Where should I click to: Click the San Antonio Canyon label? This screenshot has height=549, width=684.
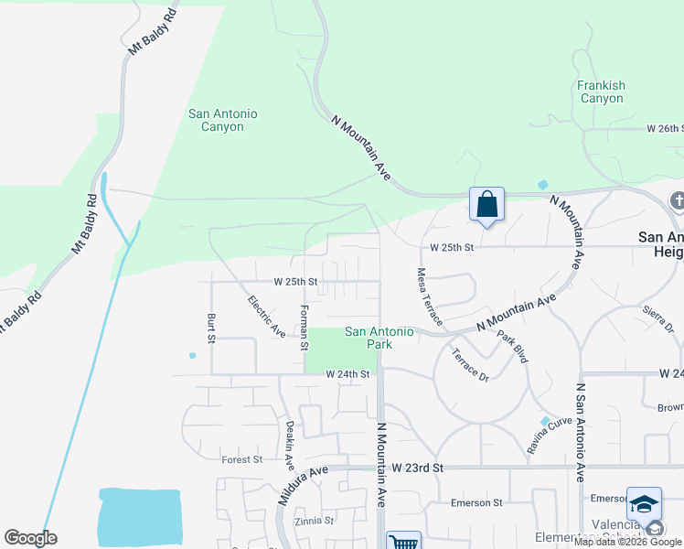coord(222,120)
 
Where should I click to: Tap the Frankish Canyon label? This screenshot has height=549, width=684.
coord(601,91)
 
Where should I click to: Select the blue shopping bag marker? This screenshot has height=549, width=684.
coord(486,203)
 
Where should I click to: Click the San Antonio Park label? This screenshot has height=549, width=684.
coord(379,338)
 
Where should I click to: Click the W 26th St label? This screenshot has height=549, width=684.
coord(664,128)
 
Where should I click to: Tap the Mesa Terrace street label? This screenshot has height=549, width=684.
coord(429,296)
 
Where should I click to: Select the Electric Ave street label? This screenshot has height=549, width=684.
coord(266,316)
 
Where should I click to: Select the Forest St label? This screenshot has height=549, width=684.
coord(241,459)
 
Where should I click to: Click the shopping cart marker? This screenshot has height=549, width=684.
coord(402,541)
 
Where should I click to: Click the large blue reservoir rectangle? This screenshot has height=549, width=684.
coord(140,517)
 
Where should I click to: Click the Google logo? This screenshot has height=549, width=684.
coord(29,538)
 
